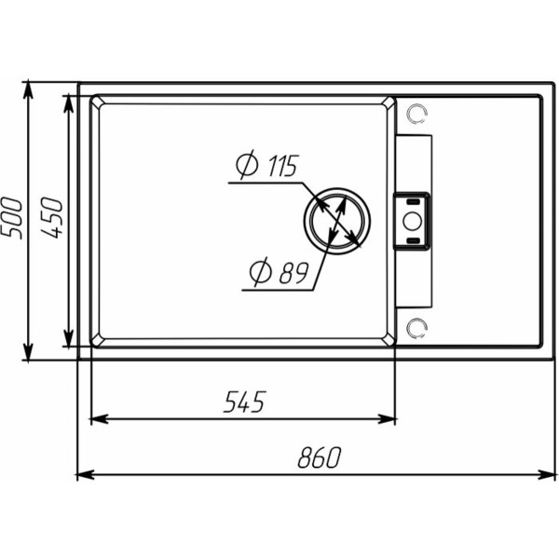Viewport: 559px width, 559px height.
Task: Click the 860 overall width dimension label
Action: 320,457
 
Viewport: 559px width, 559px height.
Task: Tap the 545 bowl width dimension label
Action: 244,402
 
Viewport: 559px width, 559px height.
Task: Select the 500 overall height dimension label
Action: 11,218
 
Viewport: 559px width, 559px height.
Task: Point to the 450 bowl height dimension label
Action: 51,218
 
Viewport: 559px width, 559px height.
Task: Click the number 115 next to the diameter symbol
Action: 282,166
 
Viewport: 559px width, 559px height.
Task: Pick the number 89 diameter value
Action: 293,273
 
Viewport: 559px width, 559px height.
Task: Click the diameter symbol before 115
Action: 247,164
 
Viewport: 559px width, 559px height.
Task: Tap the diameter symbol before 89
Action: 260,272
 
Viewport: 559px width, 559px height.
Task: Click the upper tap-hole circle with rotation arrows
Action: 416,115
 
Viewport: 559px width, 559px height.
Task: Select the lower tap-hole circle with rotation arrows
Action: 416,329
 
